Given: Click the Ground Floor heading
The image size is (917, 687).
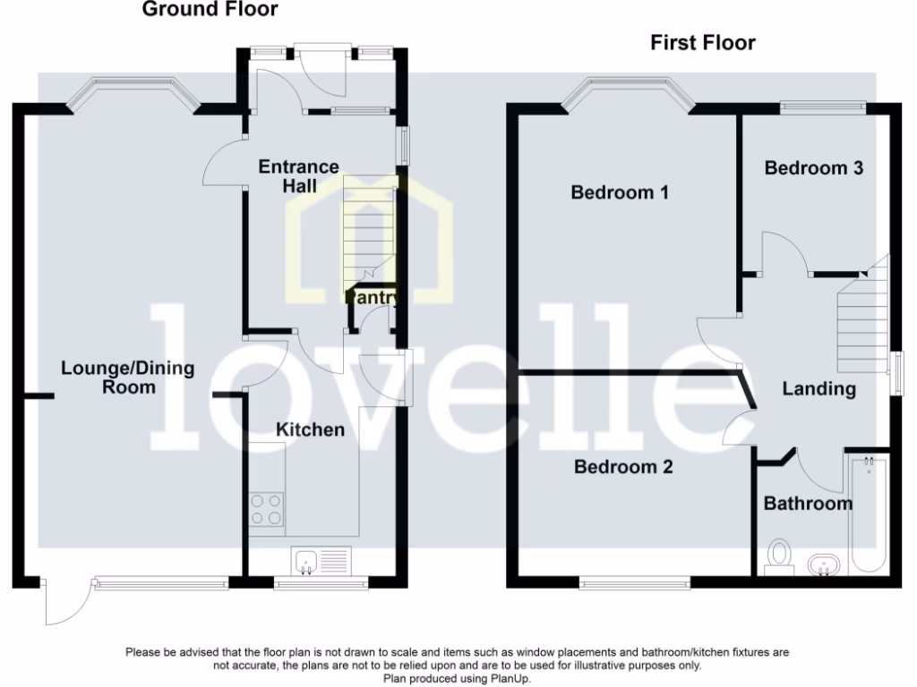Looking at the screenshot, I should (x=210, y=10).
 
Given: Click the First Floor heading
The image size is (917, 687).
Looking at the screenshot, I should (x=702, y=42).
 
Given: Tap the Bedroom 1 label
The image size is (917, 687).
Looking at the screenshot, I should (x=620, y=192).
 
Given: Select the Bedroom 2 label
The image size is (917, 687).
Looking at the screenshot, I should (x=623, y=467).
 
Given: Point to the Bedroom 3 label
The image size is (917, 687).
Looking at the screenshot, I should (x=813, y=167).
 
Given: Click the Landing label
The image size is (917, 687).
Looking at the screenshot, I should (x=818, y=389).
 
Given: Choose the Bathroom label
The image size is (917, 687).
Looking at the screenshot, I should (x=808, y=504).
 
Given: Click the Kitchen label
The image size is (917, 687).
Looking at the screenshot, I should (x=310, y=430).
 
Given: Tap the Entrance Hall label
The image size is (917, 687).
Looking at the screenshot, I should (x=299, y=176).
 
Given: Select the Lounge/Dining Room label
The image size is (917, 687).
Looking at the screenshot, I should (x=116, y=377).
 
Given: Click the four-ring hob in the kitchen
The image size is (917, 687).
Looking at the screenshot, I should (x=267, y=509).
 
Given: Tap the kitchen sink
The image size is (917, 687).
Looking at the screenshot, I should (x=305, y=562).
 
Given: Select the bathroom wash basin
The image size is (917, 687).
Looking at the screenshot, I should (x=822, y=564).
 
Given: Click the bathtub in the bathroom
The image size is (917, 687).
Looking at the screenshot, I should (x=868, y=514).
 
